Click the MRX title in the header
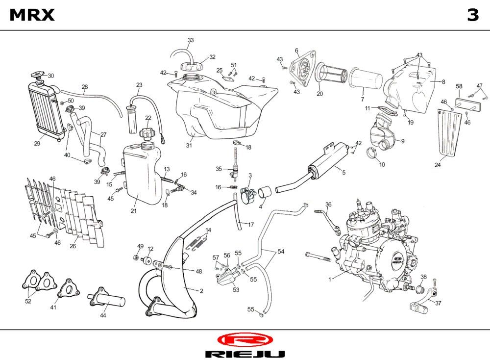(32, 15)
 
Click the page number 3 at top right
(472, 15)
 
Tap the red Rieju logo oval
(245, 339)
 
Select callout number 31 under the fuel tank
(188, 145)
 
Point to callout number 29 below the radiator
(37, 144)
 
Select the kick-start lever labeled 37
(418, 305)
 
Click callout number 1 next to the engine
(330, 279)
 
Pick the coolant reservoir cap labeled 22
(147, 132)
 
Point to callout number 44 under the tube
(103, 316)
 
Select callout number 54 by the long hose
(281, 252)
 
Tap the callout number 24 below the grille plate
(438, 165)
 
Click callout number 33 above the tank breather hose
(191, 40)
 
